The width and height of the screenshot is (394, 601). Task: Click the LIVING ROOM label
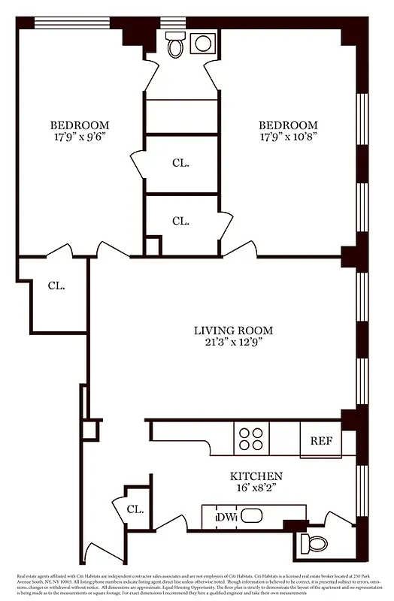tap(233, 330)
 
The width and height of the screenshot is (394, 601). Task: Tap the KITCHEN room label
tap(256, 476)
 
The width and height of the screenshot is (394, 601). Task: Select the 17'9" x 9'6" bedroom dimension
tap(80, 137)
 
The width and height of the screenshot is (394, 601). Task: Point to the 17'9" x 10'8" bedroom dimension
tap(288, 137)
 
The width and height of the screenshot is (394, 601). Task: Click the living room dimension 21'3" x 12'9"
tap(233, 342)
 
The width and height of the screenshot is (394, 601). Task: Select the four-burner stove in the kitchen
tap(251, 438)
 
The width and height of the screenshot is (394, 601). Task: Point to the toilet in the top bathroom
tap(175, 47)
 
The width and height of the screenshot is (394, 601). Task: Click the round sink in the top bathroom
tap(202, 44)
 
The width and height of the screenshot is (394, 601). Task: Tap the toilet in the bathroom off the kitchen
tap(312, 541)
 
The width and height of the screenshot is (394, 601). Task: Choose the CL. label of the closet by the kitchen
tap(135, 509)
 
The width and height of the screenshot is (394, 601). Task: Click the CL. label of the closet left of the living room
tap(56, 285)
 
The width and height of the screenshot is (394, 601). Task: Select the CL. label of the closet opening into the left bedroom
tap(180, 162)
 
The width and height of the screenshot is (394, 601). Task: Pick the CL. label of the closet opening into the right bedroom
tap(180, 221)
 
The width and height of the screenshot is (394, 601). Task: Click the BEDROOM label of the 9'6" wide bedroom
tap(80, 125)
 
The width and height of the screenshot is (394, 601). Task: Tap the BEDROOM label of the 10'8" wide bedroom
tap(288, 125)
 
